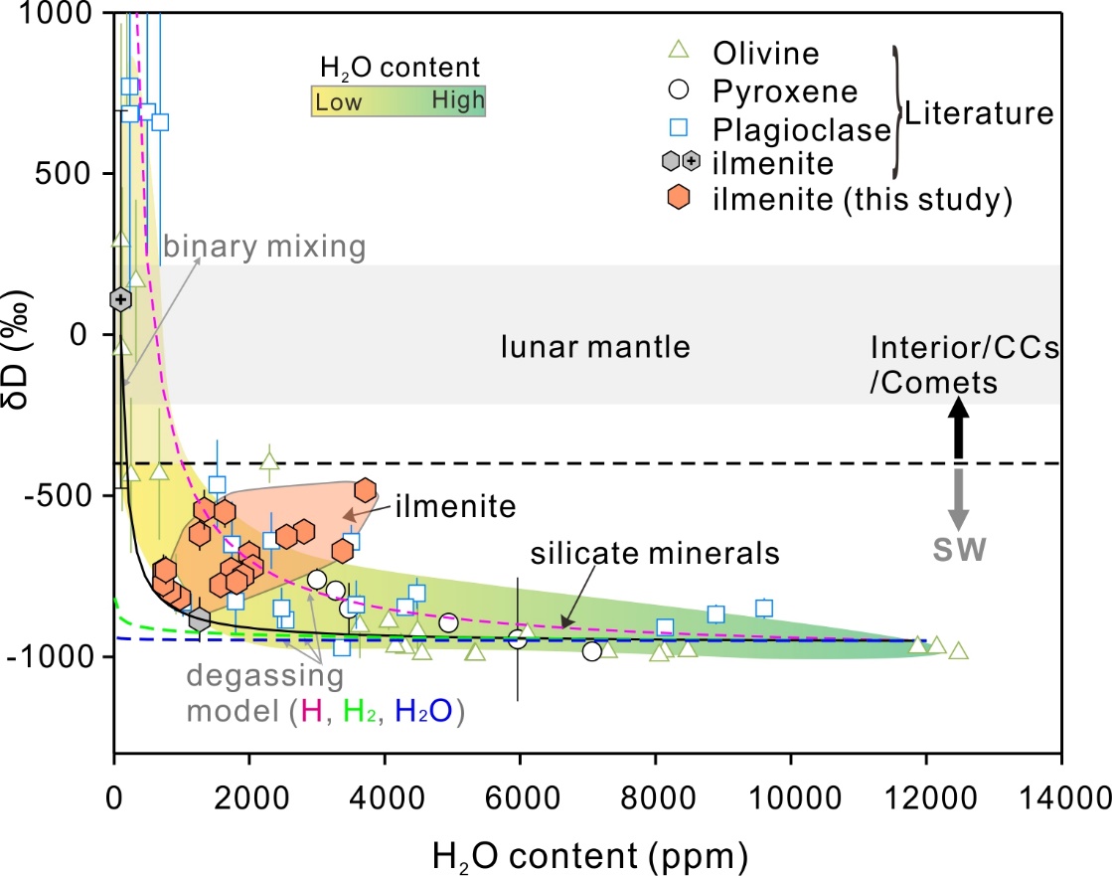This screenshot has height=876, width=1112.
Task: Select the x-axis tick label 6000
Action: [x=520, y=800]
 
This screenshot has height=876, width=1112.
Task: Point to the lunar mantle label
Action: [x=595, y=347]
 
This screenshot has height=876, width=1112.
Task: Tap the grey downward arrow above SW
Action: [x=958, y=500]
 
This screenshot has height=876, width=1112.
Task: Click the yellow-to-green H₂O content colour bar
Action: [x=398, y=100]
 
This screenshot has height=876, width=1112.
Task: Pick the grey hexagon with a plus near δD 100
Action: [x=121, y=298]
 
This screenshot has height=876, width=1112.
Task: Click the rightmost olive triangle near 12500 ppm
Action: [x=958, y=650]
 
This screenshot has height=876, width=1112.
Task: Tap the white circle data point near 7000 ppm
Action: [x=592, y=651]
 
